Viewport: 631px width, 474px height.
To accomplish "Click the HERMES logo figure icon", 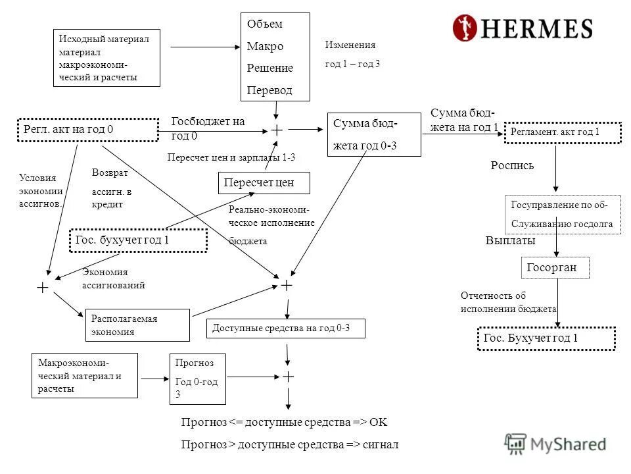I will pos(465,28).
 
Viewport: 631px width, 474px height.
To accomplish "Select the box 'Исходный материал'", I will pos(106,58).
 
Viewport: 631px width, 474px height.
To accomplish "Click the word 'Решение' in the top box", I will pos(269,68).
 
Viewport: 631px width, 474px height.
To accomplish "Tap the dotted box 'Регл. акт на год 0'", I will pos(87,130).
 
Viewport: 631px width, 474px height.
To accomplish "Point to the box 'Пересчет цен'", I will pos(264,182).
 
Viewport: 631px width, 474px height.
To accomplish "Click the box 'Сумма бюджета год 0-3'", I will pos(373,134).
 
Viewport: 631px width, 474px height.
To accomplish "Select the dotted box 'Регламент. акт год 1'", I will pos(563,132).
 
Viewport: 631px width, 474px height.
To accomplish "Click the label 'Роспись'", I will pos(512,166).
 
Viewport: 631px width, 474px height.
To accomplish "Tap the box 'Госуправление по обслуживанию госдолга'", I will pos(562,215).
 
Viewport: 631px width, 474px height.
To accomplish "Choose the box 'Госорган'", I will pos(556,268).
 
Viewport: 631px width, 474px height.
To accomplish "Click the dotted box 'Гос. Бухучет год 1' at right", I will pos(546,338).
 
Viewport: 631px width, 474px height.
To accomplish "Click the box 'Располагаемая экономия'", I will pos(137,325).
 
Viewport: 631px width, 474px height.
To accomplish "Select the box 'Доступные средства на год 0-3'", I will pos(286,328).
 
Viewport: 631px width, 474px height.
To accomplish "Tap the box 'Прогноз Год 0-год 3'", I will pos(197,379).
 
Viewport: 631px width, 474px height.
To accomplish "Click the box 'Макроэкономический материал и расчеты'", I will pos(84,375).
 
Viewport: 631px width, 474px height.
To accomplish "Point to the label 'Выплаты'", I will pos(510,241).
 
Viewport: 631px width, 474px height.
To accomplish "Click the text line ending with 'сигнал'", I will pos(290,444).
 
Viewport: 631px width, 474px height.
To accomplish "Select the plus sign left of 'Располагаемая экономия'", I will pos(43,288).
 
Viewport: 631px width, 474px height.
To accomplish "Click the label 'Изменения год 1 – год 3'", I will pos(352,55).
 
